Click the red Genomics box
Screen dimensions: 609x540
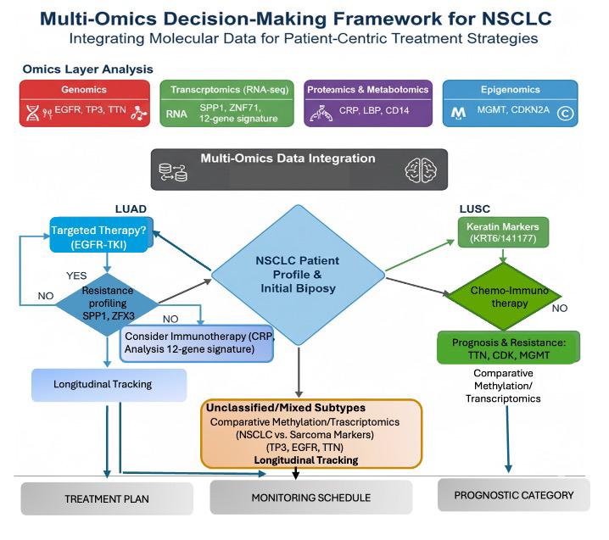point(85,103)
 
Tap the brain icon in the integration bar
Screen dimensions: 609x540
point(421,170)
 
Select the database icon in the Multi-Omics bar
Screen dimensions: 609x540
point(173,172)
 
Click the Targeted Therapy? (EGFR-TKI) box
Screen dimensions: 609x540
point(101,235)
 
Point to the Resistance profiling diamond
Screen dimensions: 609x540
point(108,304)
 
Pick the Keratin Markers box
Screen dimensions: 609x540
point(503,232)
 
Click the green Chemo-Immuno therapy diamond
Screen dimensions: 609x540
point(505,297)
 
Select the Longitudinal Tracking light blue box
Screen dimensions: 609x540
point(109,385)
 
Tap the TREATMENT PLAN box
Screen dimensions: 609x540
point(107,498)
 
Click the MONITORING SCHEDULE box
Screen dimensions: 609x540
point(310,498)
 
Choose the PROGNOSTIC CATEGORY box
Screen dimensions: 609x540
point(513,495)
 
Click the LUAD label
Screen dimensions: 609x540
point(131,209)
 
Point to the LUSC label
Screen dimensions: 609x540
point(475,209)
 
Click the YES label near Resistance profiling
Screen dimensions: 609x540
point(76,276)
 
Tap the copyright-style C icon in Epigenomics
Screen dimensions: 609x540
point(565,114)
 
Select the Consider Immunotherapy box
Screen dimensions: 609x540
point(197,343)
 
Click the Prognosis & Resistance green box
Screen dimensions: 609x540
point(508,348)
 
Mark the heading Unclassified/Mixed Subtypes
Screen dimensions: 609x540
point(286,408)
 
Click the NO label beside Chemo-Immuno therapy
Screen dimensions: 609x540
point(560,309)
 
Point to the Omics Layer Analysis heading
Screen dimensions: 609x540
point(87,70)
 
